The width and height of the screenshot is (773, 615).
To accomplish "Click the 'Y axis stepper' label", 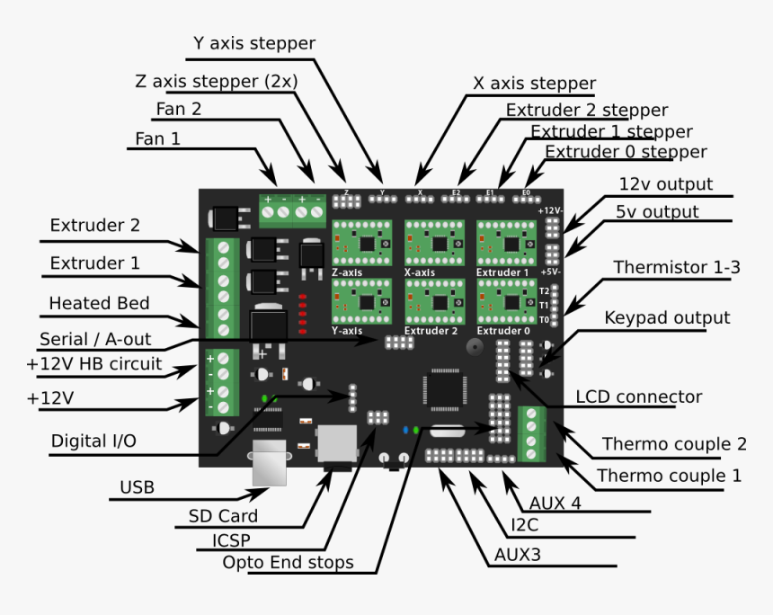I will pyautogui.click(x=254, y=43).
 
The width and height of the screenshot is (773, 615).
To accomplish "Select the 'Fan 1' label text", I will pyautogui.click(x=157, y=139).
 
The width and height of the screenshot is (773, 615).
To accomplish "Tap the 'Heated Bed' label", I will pyautogui.click(x=99, y=303).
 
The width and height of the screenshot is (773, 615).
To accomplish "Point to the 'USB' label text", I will pyautogui.click(x=137, y=487).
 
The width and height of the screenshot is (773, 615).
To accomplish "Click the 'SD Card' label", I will pyautogui.click(x=223, y=516).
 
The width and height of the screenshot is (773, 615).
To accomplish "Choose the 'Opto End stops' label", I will pyautogui.click(x=288, y=563).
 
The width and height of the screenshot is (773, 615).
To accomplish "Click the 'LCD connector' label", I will pyautogui.click(x=638, y=397).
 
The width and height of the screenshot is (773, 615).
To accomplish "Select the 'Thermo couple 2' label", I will pyautogui.click(x=674, y=444).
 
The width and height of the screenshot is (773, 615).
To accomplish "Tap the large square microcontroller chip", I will pyautogui.click(x=443, y=389).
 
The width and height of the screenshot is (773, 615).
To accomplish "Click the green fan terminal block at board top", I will pyautogui.click(x=292, y=209).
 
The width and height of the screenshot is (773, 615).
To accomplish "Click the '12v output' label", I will pyautogui.click(x=665, y=184).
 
